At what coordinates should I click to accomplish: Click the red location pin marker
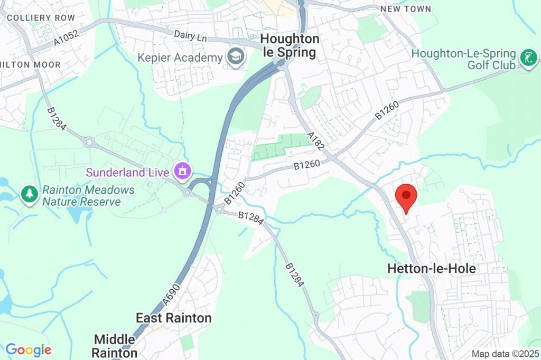(x=406, y=197)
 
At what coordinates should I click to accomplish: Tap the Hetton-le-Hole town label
(x=431, y=269)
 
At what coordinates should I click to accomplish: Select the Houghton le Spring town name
(x=290, y=46)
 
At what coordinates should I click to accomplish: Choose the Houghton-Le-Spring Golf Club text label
(x=463, y=59)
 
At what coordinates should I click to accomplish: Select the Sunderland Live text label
(x=128, y=172)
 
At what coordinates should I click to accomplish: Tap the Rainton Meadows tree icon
(x=29, y=194)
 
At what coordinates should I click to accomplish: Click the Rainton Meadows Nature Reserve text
(x=88, y=195)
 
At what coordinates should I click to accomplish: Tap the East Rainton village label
(x=174, y=318)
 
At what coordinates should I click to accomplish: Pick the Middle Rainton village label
(x=116, y=346)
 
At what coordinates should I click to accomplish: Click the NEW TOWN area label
(x=406, y=9)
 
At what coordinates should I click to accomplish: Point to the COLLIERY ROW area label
(x=34, y=18)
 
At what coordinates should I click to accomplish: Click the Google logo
(x=29, y=349)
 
